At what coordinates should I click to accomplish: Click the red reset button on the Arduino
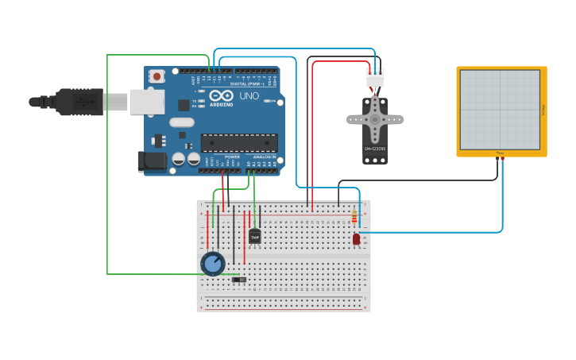coord(157,77)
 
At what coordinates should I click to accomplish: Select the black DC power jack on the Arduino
coord(152,161)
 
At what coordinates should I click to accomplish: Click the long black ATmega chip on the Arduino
coord(239,142)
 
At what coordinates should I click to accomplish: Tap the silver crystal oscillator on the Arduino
coord(181,122)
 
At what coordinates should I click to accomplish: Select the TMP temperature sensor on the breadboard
coord(254,236)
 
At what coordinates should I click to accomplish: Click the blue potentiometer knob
coord(213,263)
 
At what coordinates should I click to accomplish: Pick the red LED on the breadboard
coord(356,238)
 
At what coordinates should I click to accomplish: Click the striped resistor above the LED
coord(354,216)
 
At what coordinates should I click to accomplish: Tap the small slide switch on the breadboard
coord(238,280)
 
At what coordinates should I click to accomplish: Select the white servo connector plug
coord(374,77)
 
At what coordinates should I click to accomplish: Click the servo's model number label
coord(375,149)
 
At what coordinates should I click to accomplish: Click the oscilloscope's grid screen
coord(500,109)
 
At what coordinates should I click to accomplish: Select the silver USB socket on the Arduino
coord(147,102)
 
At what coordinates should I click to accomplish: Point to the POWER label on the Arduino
coord(232,157)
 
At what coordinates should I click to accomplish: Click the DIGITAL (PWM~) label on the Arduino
coord(248,83)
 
